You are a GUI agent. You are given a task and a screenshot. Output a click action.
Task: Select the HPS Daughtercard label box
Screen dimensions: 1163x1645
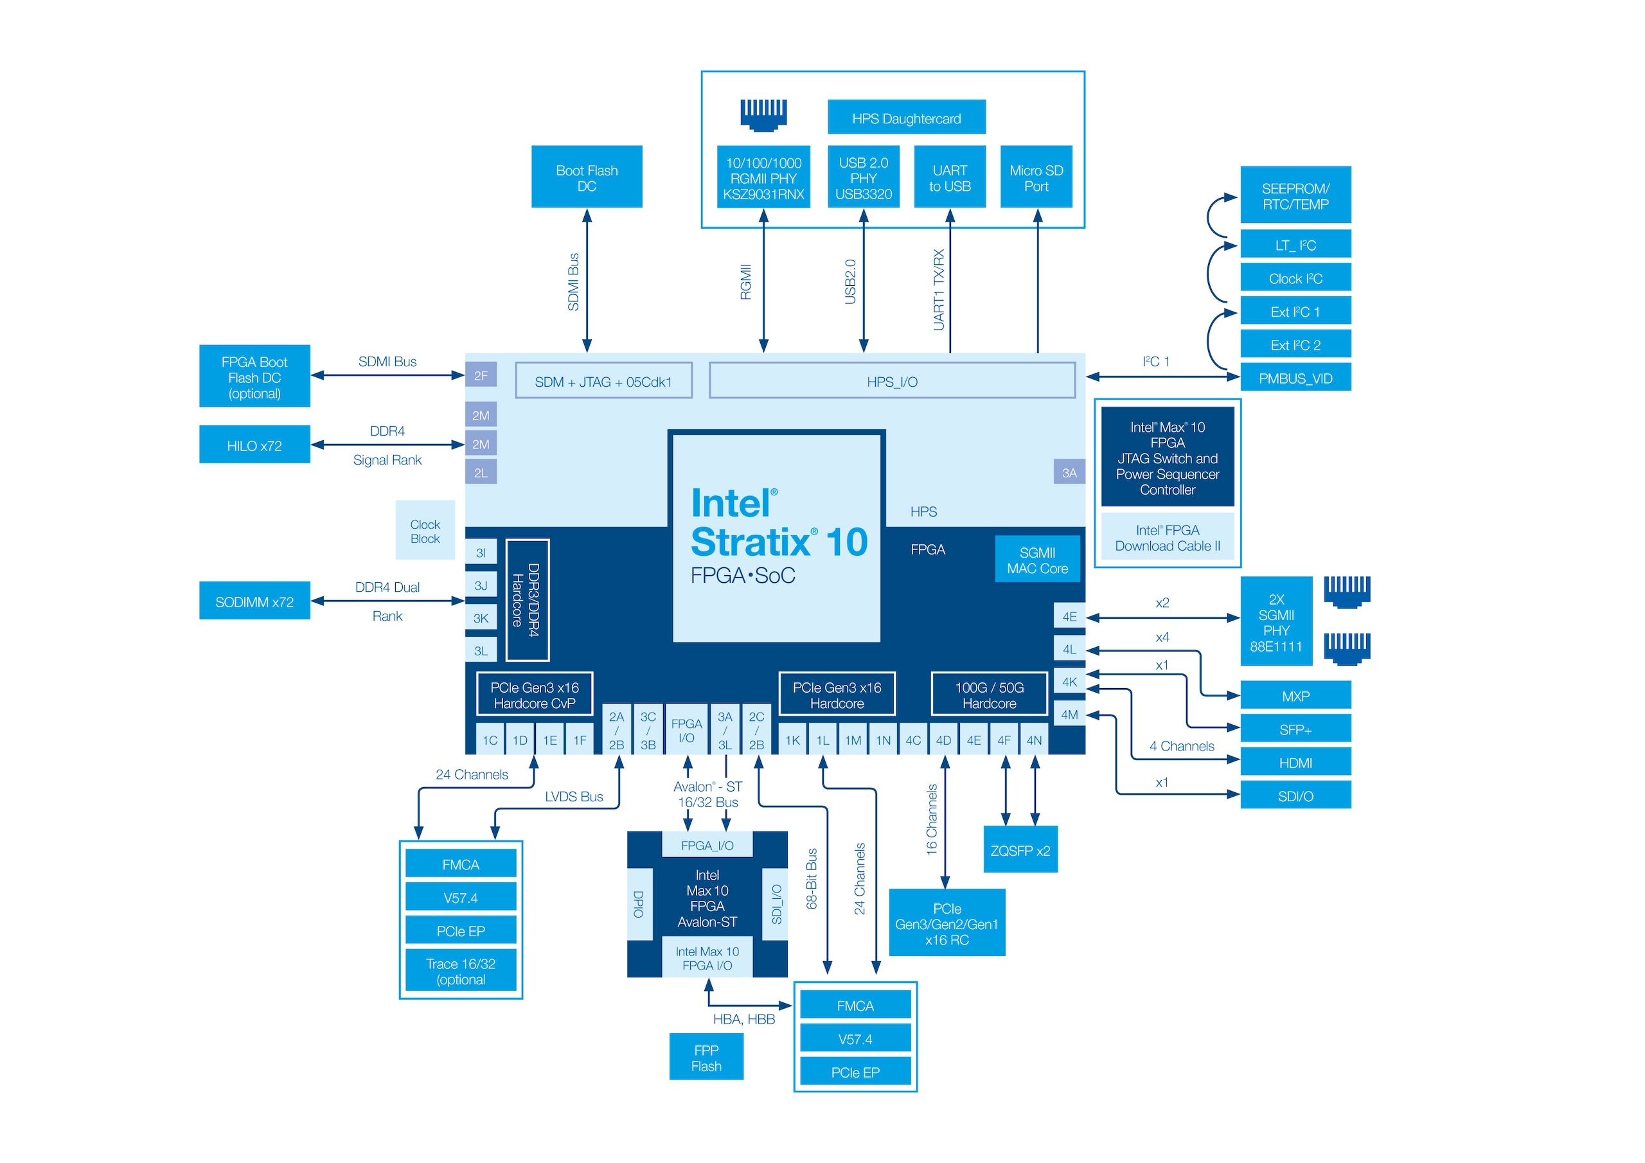[x=905, y=118]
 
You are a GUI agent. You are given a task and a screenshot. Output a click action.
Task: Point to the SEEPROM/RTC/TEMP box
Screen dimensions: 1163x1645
[x=1295, y=195]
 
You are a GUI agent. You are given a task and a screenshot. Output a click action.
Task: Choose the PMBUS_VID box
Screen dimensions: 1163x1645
[x=1295, y=378]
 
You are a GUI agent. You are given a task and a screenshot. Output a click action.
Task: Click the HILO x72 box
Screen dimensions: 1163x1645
[x=254, y=445]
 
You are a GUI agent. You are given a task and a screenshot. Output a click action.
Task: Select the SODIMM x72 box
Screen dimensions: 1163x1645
[x=254, y=601]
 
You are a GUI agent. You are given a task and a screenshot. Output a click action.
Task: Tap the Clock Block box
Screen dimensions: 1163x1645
[x=425, y=530]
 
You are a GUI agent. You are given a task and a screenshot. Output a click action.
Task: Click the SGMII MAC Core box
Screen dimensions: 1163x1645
[x=1036, y=560]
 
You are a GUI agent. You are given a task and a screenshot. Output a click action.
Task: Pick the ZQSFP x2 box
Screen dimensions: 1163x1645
[x=1020, y=850]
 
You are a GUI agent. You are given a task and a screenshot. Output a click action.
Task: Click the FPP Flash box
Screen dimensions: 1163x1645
[x=706, y=1057]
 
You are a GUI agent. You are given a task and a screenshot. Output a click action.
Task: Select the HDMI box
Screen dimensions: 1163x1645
[x=1295, y=763]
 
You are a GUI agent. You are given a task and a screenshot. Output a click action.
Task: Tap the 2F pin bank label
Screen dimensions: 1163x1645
[x=481, y=375]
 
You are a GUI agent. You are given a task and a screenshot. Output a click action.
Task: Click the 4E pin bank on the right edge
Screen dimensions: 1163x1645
[x=1069, y=616]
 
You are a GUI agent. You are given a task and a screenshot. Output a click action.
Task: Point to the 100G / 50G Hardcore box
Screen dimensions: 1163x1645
[x=989, y=695]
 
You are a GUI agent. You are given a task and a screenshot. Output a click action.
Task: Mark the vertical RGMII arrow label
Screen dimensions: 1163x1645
[x=745, y=281]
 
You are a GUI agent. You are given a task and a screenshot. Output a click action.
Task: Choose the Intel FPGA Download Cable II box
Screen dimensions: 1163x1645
[x=1166, y=537]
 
